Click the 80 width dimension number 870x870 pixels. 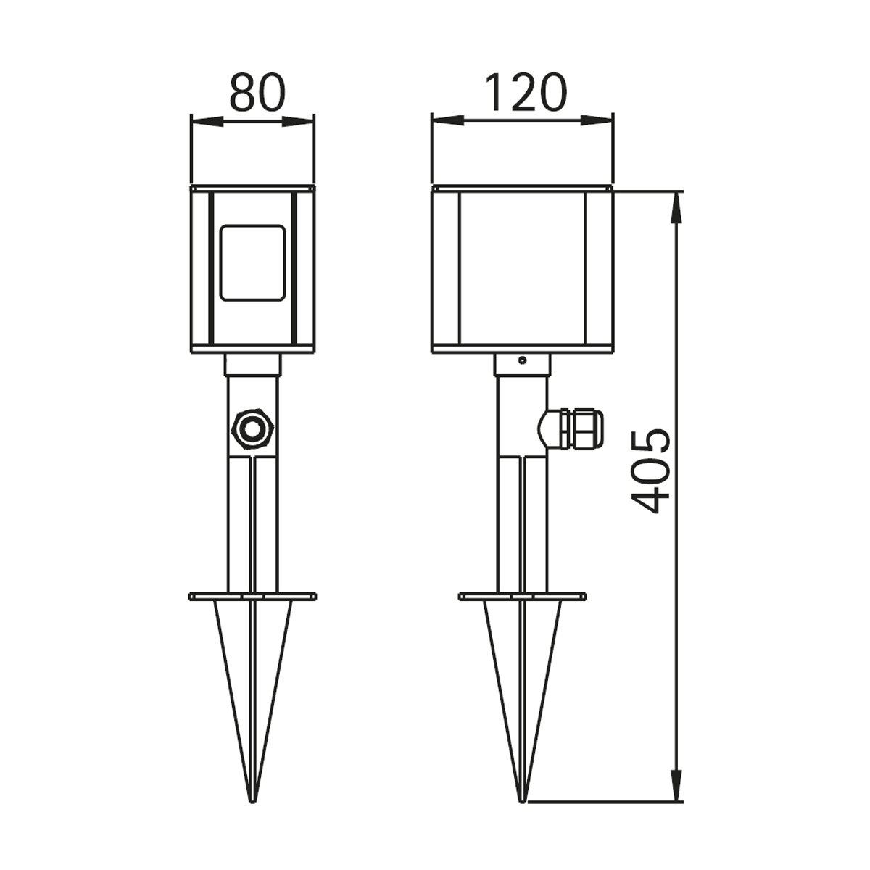click(x=258, y=93)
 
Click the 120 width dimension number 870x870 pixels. click(x=526, y=93)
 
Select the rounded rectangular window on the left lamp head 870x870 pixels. click(x=253, y=262)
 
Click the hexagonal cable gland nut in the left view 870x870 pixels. click(x=252, y=429)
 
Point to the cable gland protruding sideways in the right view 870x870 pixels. click(x=571, y=429)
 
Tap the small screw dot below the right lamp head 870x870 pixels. click(x=522, y=360)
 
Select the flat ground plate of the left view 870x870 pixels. click(x=253, y=597)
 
